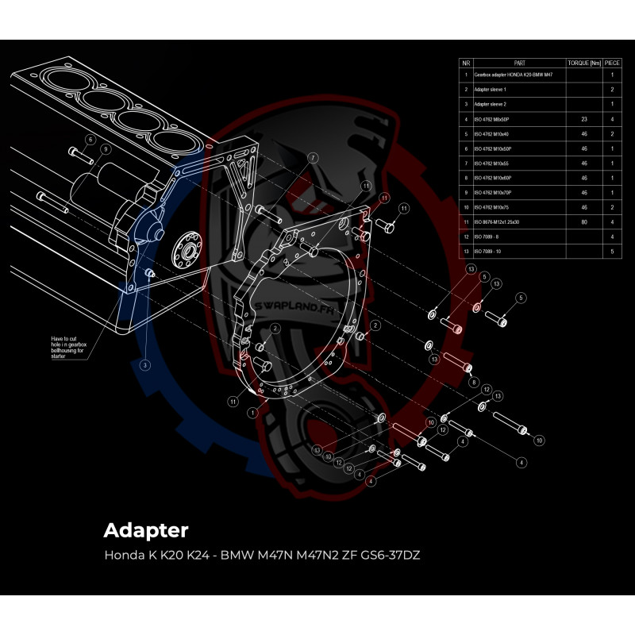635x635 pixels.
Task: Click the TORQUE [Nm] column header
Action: [584, 62]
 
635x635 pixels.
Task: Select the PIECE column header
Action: [612, 62]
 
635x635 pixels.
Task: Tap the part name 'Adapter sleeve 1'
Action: [491, 89]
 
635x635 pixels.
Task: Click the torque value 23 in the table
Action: [584, 119]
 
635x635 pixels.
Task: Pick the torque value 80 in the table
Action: [584, 221]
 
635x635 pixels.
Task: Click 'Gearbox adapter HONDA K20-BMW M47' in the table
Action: [513, 74]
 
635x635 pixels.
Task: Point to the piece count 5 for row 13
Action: [612, 252]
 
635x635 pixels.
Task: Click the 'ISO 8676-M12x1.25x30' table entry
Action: [498, 221]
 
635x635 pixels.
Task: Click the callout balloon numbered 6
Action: [90, 140]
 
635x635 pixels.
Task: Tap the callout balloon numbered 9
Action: [105, 149]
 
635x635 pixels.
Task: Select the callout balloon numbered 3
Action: [145, 365]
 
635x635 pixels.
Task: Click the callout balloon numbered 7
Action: [313, 158]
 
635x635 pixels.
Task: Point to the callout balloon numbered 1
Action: [252, 413]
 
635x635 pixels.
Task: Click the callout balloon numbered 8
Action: [473, 382]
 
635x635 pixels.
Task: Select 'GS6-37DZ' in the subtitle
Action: [390, 555]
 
